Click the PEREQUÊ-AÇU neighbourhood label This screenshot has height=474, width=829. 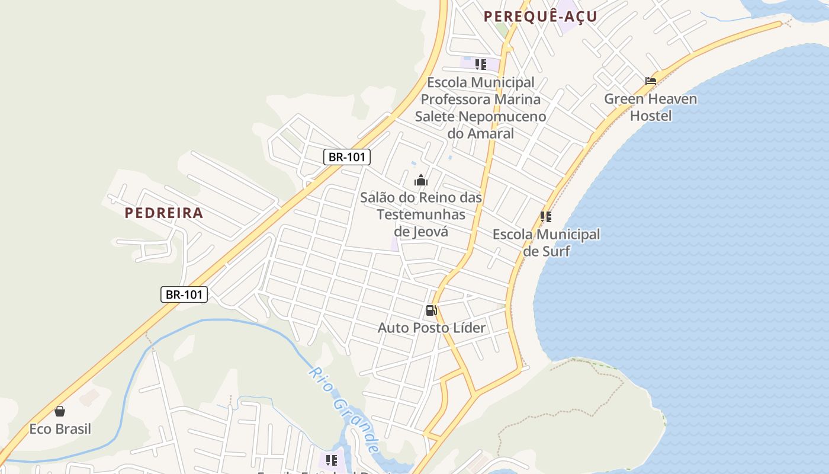click(x=540, y=17)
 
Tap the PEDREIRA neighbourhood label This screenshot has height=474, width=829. click(x=164, y=213)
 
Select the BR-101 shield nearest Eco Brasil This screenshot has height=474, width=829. click(x=184, y=294)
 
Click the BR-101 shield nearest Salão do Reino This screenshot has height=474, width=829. click(x=347, y=157)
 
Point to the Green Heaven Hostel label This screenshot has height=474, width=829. click(x=650, y=107)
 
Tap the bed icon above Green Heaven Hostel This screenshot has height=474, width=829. click(x=651, y=81)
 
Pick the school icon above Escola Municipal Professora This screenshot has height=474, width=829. click(x=480, y=64)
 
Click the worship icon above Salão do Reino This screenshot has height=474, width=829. click(x=421, y=180)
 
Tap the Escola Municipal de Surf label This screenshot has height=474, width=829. click(x=546, y=242)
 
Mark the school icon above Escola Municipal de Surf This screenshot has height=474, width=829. click(x=545, y=217)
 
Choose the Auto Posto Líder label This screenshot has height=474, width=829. click(x=431, y=328)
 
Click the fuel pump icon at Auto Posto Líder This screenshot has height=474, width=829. click(x=431, y=310)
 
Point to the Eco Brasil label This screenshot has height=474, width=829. click(x=60, y=428)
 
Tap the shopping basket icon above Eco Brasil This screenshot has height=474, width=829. click(x=60, y=411)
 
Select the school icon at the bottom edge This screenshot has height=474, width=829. click(x=331, y=460)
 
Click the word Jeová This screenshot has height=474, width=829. click(x=421, y=231)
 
